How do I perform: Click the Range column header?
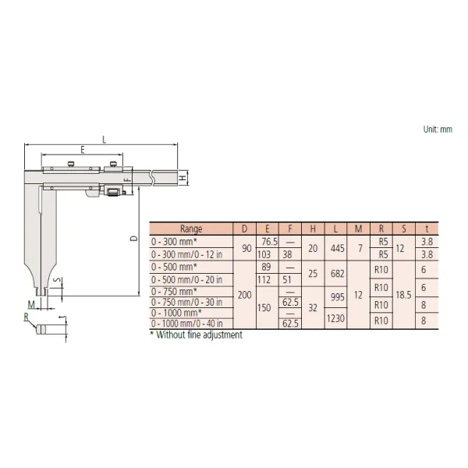[x=191, y=229]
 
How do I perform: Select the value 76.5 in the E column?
[x=270, y=242]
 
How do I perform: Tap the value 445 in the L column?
[x=338, y=248]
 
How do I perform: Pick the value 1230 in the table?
[x=335, y=318]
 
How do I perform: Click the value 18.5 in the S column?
[x=404, y=295]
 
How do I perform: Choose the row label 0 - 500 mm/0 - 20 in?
[x=187, y=280]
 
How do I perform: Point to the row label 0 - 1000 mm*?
[x=176, y=313]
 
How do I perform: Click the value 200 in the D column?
[x=245, y=295]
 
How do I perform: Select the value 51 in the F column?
[x=287, y=280]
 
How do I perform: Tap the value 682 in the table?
[x=338, y=274]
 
